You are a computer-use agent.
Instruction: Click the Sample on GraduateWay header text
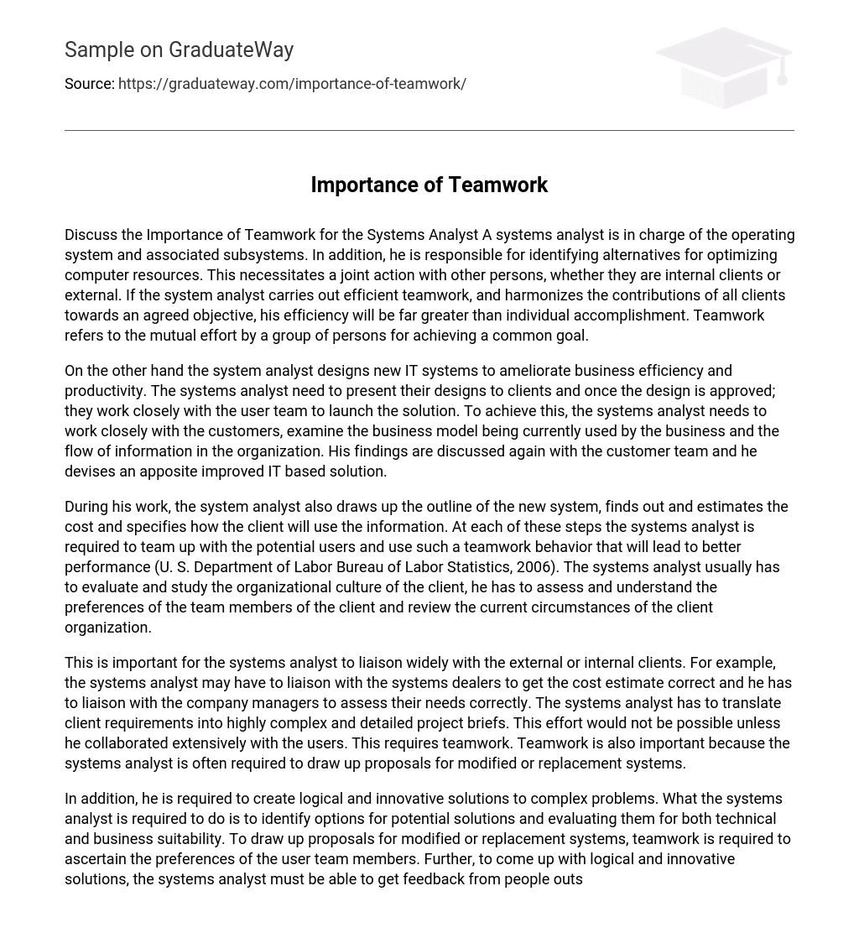pyautogui.click(x=179, y=50)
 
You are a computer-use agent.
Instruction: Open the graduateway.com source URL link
pyautogui.click(x=292, y=84)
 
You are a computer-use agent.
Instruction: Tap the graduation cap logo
pyautogui.click(x=725, y=67)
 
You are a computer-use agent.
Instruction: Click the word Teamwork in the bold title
pyautogui.click(x=497, y=185)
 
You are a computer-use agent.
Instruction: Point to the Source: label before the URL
pyautogui.click(x=89, y=84)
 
